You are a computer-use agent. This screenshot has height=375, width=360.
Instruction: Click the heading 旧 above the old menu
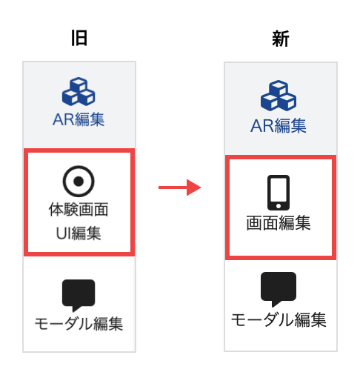79,38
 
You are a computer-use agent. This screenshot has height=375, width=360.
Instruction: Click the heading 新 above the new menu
281,39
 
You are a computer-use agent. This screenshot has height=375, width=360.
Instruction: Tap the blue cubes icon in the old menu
79,91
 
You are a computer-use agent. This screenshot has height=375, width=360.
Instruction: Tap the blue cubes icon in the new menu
279,96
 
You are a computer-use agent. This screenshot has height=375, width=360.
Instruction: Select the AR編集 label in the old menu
79,119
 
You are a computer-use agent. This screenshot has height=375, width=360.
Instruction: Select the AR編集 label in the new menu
279,126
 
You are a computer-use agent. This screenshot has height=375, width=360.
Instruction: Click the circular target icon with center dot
79,181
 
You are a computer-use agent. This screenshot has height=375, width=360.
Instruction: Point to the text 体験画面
79,210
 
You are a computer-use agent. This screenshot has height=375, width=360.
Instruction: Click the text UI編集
79,233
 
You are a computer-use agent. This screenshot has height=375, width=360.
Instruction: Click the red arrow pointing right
180,187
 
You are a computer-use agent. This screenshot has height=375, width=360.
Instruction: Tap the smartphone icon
279,193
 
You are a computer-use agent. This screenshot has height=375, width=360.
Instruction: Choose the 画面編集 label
279,223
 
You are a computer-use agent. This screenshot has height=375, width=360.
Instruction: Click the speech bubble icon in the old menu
79,296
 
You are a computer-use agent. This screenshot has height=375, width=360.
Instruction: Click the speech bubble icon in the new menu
279,289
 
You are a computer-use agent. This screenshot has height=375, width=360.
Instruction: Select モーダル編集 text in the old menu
79,323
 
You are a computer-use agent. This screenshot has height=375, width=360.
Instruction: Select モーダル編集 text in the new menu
279,319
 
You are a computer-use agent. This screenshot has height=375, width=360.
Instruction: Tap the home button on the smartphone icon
279,206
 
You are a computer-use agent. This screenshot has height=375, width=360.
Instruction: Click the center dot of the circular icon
79,181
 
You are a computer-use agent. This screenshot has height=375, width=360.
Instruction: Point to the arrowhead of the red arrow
194,187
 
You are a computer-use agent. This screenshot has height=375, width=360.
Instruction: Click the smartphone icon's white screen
279,190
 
